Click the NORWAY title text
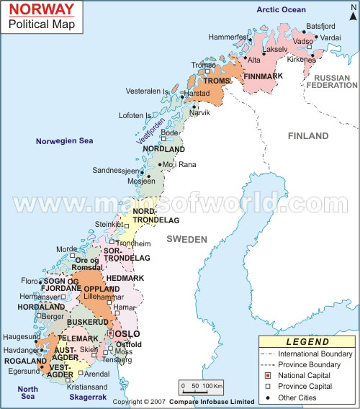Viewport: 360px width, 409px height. [x=41, y=9]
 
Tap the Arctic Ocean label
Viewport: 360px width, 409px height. [x=282, y=9]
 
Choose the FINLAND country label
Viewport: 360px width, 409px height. [x=308, y=135]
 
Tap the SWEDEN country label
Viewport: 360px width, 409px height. [x=186, y=239]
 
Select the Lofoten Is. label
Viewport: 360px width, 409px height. [x=134, y=115]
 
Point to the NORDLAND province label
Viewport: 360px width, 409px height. [x=164, y=149]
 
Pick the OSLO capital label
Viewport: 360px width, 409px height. [x=127, y=334]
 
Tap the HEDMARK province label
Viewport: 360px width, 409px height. [x=125, y=277]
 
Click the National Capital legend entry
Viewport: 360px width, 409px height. [x=304, y=375]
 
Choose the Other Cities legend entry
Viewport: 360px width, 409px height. [x=297, y=397]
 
